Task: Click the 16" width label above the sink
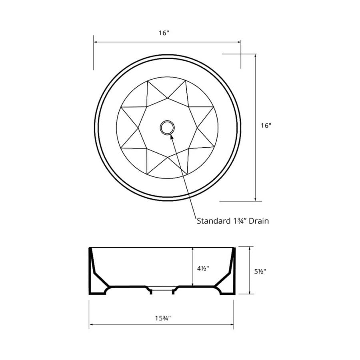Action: tap(164, 33)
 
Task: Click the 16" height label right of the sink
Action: tap(266, 125)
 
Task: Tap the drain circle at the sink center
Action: tap(167, 128)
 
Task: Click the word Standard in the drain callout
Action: tap(210, 221)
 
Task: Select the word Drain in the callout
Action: tap(259, 221)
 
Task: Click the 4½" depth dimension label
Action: tap(203, 268)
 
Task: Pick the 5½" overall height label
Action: tap(260, 271)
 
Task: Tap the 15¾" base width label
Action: tap(163, 318)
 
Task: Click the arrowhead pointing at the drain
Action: tap(171, 137)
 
